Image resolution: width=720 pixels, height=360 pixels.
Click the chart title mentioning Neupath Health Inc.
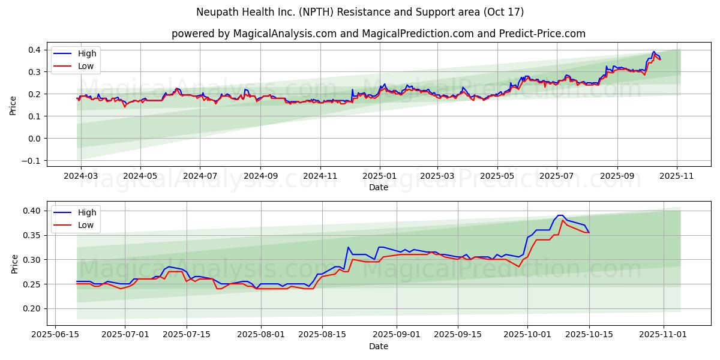point(360,12)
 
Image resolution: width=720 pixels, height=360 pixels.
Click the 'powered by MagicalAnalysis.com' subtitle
point(378,34)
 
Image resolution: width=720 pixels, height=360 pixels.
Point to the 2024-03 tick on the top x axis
point(81,176)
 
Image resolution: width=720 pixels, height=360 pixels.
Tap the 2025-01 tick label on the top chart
point(379,176)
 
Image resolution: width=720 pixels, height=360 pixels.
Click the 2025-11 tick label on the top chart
point(677,176)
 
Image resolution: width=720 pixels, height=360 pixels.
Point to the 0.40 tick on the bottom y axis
point(32,211)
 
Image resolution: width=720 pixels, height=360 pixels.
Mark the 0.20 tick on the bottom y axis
point(32,309)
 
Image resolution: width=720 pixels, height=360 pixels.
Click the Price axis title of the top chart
point(13,105)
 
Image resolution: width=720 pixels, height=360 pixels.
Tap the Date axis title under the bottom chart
point(378,346)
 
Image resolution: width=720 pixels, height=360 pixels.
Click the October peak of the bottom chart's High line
point(560,215)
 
